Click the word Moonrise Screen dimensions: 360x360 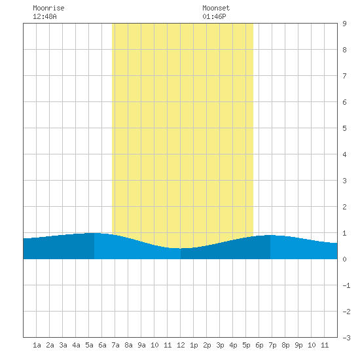[x=48, y=8]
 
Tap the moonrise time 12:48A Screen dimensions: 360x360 [x=45, y=16]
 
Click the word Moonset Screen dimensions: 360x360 [x=216, y=8]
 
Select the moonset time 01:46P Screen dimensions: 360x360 [x=214, y=16]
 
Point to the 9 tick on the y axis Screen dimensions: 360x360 [x=344, y=24]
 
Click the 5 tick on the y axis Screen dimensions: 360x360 [x=344, y=128]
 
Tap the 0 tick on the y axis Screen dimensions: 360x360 [x=344, y=259]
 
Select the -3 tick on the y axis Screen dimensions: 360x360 [x=346, y=338]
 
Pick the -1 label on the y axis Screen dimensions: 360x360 [x=346, y=285]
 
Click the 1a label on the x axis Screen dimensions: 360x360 [x=37, y=345]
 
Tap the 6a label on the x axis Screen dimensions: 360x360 [x=102, y=345]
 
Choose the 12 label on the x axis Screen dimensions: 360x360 [x=181, y=345]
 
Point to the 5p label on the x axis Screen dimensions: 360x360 [x=246, y=345]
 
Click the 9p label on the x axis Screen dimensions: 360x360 [x=298, y=345]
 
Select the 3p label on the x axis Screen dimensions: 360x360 [x=220, y=345]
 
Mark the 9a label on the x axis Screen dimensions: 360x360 [x=141, y=345]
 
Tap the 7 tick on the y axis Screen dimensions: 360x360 [x=344, y=76]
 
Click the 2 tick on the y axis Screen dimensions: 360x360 [x=344, y=207]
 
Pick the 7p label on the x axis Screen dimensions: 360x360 [x=272, y=345]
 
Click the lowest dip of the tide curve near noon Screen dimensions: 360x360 [x=181, y=249]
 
